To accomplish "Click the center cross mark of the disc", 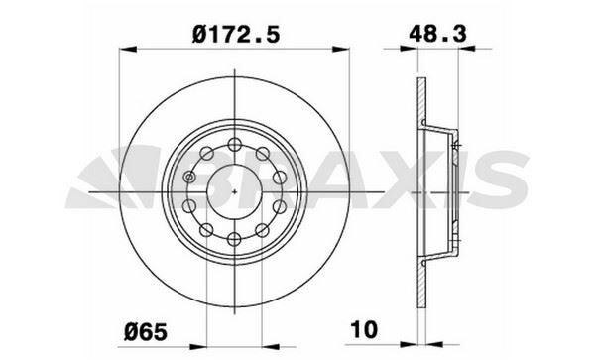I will pyautogui.click(x=234, y=190).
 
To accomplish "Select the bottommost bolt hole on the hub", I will pyautogui.click(x=234, y=238).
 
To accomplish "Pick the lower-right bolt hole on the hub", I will pyautogui.click(x=263, y=229).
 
